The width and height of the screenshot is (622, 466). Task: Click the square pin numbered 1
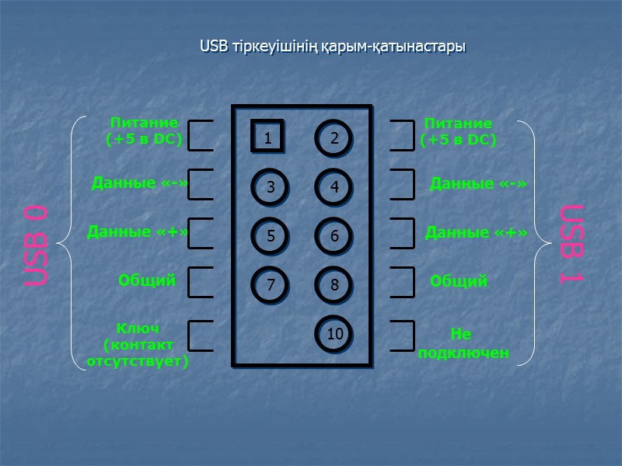267,137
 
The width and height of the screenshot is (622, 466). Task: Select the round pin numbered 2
334,138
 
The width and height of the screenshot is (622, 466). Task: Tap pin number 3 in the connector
270,186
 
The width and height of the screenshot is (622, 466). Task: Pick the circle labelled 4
334,186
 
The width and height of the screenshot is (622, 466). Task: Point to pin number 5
270,236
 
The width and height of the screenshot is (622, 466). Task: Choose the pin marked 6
334,236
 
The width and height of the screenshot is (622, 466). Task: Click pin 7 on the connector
270,285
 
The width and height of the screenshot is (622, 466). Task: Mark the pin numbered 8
334,285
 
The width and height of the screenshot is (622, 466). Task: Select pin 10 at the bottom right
334,335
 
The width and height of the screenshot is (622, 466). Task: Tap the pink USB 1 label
571,244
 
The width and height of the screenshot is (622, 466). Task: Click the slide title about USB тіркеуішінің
332,47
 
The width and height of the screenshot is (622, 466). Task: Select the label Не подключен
463,343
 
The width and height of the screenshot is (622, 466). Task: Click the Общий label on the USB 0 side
146,280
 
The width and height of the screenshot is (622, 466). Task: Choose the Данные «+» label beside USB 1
476,232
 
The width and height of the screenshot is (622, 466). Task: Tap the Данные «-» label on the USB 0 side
140,183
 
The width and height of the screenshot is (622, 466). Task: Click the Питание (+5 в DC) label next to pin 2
458,131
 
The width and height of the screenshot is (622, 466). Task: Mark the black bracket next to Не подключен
402,336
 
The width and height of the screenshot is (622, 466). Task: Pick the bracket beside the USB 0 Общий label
201,283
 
